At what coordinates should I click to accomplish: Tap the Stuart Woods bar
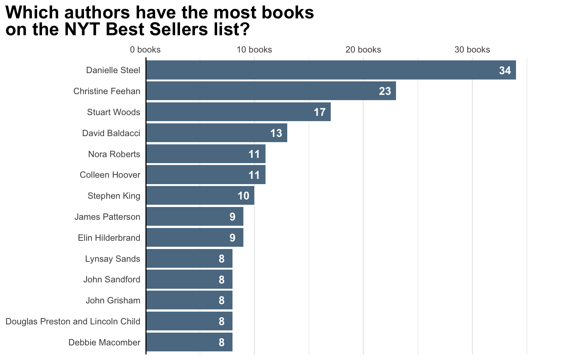[x=238, y=112]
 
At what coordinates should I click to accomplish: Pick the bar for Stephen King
[x=200, y=196]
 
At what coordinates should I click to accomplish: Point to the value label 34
[x=505, y=70]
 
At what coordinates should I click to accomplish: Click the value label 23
[x=385, y=91]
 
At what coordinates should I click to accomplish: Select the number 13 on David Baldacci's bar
[x=276, y=133]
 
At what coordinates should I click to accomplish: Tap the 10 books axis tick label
[x=254, y=50]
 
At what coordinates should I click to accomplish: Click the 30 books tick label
[x=472, y=50]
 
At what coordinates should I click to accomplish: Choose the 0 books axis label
[x=145, y=50]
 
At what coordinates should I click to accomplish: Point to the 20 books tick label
[x=363, y=50]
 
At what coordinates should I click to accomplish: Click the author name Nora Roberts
[x=114, y=154]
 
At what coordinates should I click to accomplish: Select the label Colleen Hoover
[x=110, y=175]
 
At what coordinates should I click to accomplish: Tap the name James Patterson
[x=107, y=217]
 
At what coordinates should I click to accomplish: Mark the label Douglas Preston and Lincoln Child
[x=73, y=321]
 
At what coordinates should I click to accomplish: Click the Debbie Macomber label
[x=104, y=342]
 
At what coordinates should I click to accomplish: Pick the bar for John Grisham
[x=189, y=300]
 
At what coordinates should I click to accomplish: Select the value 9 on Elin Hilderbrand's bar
[x=232, y=238]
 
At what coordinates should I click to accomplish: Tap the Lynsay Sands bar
[x=189, y=259]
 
